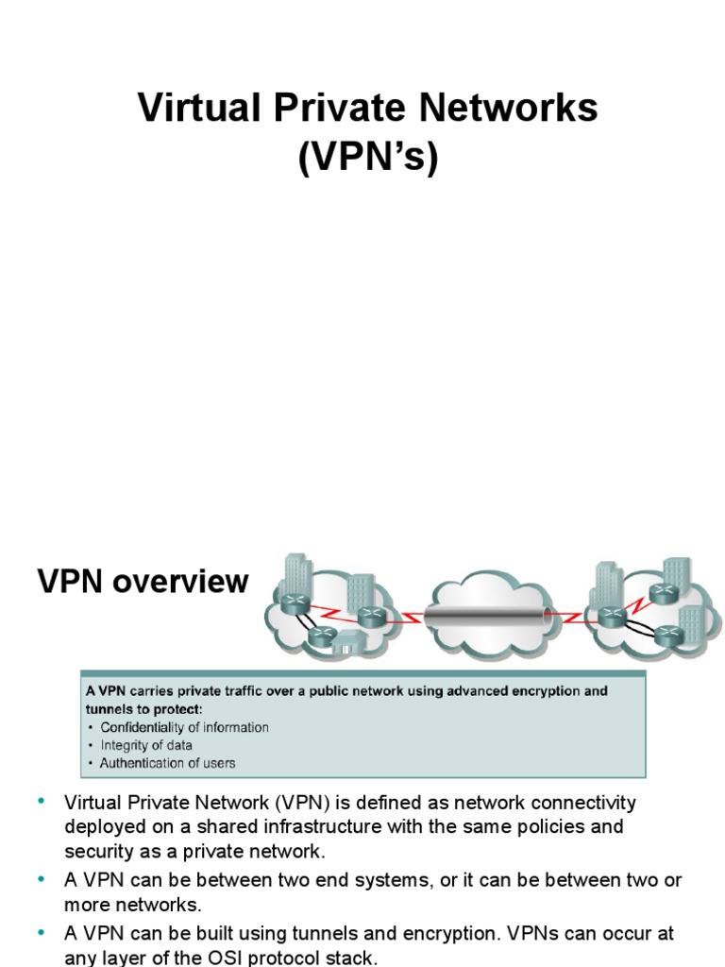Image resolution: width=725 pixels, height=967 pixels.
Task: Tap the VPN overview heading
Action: coord(143,582)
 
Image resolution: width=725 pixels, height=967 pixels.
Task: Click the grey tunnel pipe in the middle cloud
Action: coord(483,617)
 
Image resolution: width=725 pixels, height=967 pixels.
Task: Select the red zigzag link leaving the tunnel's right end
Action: coord(564,618)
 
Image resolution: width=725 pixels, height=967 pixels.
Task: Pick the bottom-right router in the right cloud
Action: coord(668,635)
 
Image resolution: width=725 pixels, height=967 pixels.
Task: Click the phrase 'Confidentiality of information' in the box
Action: coord(184,728)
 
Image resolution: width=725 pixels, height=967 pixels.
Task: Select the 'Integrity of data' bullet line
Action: coord(146,746)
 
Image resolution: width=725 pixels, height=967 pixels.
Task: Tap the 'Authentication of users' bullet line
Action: coord(168,763)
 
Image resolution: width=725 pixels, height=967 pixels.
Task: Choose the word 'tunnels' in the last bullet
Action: coord(288,934)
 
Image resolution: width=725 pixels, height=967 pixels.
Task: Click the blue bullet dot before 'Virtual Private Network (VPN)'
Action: coord(42,803)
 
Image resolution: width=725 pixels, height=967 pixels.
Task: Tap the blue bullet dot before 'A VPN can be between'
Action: coord(42,879)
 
